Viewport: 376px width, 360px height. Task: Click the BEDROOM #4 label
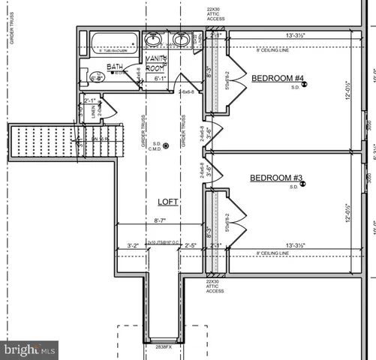coord(277,79)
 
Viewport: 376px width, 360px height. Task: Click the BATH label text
coord(114,67)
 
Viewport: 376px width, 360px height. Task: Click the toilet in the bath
coord(96,76)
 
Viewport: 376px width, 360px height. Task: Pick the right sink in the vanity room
coord(181,40)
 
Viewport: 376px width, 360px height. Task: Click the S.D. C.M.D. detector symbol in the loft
coord(167,145)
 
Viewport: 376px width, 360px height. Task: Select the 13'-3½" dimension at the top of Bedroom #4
coord(288,34)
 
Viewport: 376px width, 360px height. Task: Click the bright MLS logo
coord(29,349)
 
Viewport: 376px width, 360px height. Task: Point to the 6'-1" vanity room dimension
coord(160,77)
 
